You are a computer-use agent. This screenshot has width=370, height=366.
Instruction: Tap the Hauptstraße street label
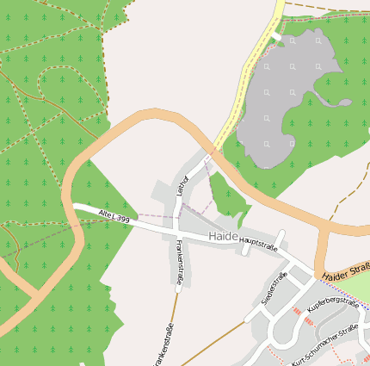click(259, 245)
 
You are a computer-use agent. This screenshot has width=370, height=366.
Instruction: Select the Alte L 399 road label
click(114, 214)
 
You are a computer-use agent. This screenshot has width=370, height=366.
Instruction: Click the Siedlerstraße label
click(273, 291)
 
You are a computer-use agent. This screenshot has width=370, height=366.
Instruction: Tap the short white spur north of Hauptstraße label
click(281, 237)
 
